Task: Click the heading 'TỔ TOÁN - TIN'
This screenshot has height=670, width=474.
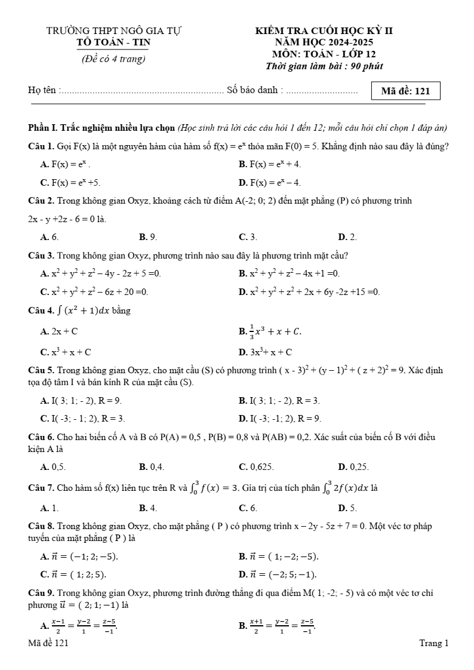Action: (114, 42)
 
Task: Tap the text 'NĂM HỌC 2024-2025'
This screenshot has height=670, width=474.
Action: (324, 42)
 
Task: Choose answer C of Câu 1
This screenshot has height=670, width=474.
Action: (70, 183)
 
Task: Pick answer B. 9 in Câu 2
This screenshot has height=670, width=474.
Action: (148, 238)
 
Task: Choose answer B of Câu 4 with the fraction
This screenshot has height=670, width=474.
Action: (270, 331)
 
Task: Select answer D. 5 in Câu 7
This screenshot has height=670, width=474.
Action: (347, 508)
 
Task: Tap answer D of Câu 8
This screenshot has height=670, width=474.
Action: (278, 575)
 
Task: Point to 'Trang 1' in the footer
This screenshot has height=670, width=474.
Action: (434, 643)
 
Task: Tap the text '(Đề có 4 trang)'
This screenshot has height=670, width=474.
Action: (113, 59)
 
